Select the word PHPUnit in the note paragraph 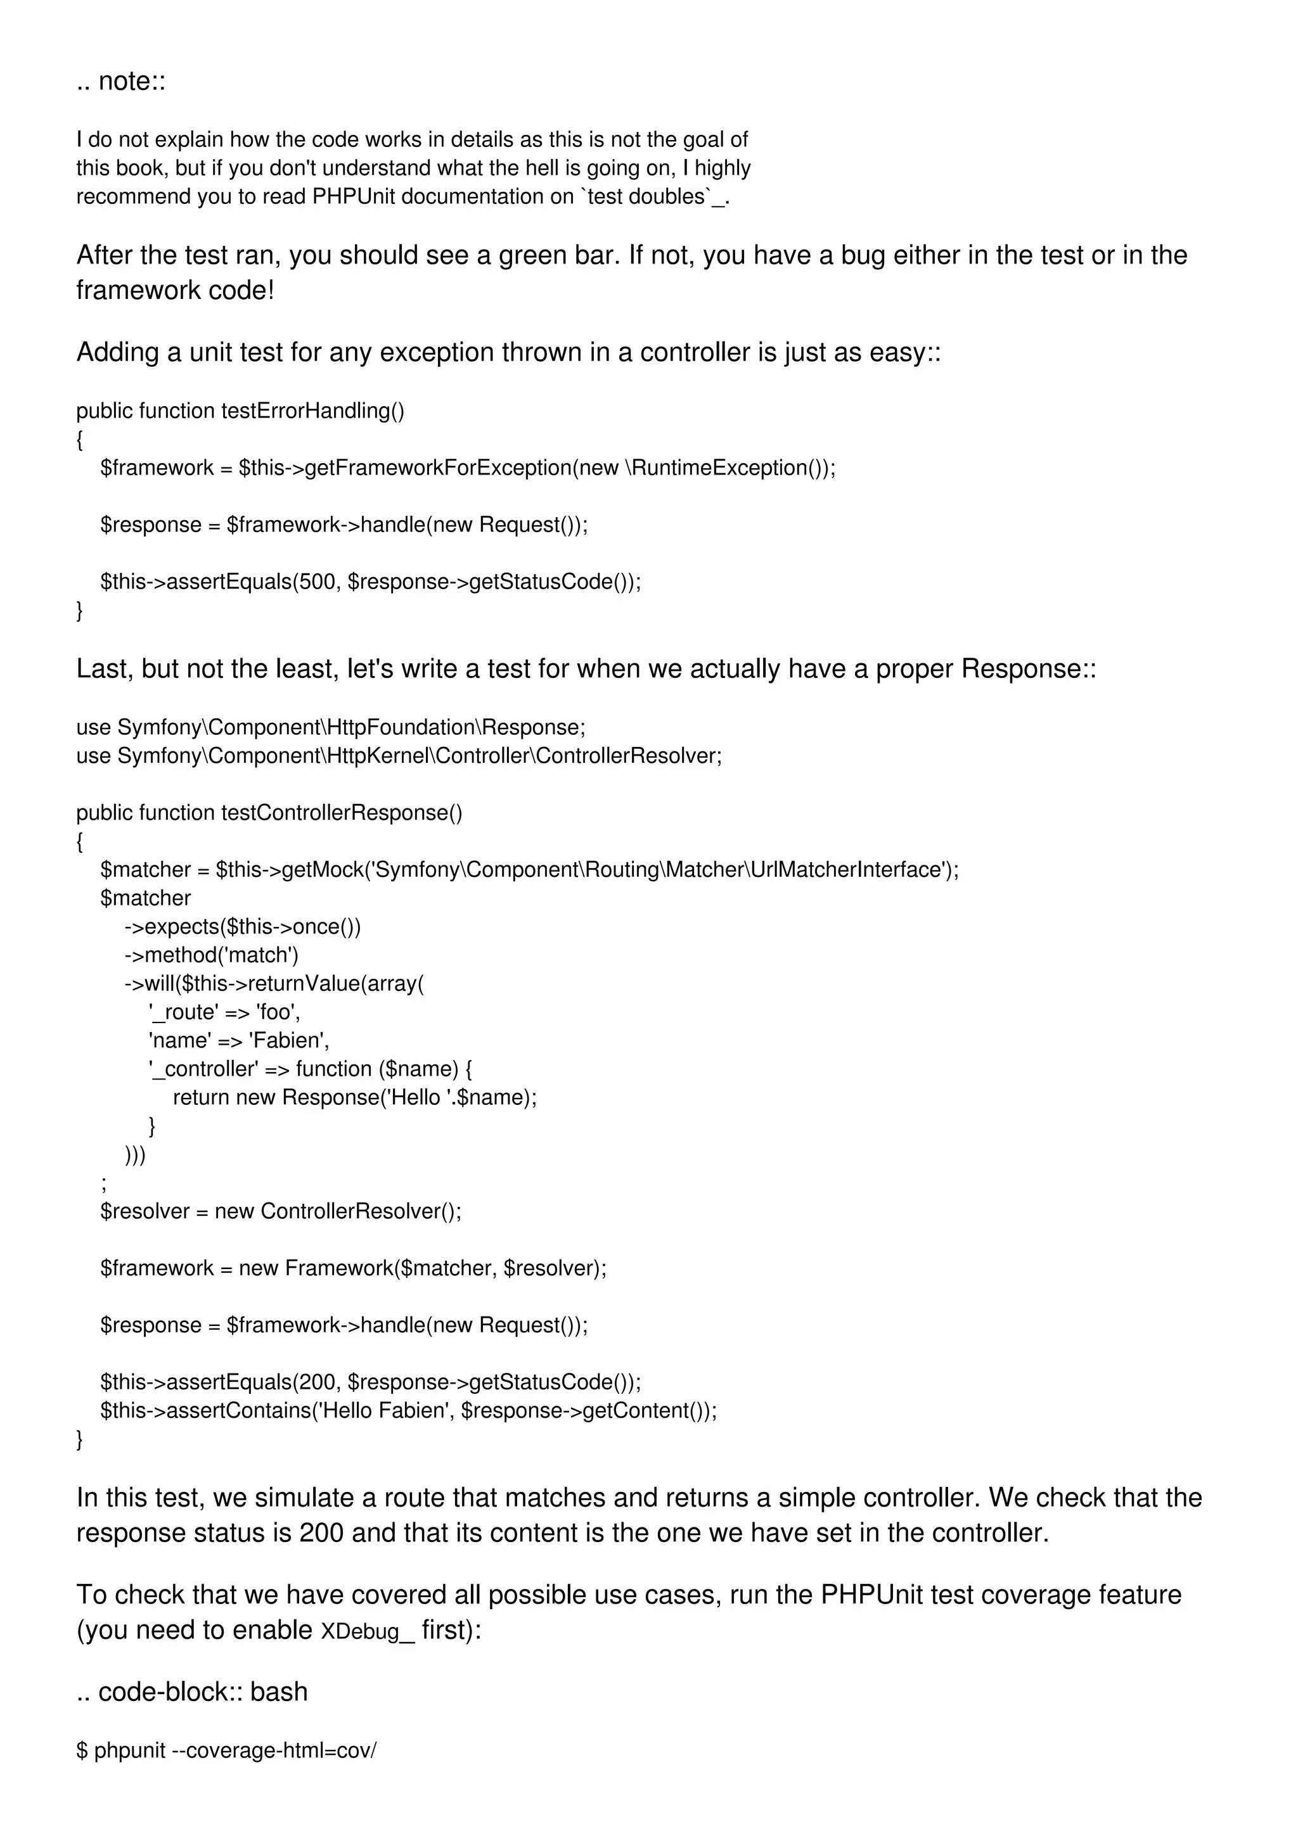click(354, 196)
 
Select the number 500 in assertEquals click(318, 582)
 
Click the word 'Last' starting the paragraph click(103, 669)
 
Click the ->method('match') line click(211, 955)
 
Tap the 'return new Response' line click(354, 1098)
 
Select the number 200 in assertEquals click(318, 1382)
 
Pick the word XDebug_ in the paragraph click(367, 1631)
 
